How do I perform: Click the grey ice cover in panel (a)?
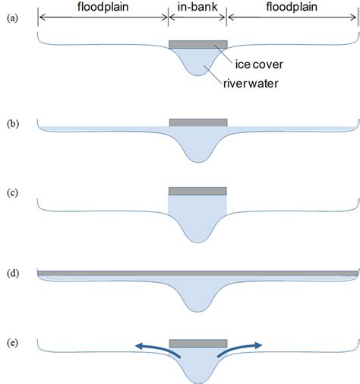tap(197, 45)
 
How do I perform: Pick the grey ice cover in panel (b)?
tap(197, 122)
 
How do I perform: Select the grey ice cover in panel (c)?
tap(197, 191)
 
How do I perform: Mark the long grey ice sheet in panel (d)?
tap(197, 272)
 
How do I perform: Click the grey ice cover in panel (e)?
tap(197, 344)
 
